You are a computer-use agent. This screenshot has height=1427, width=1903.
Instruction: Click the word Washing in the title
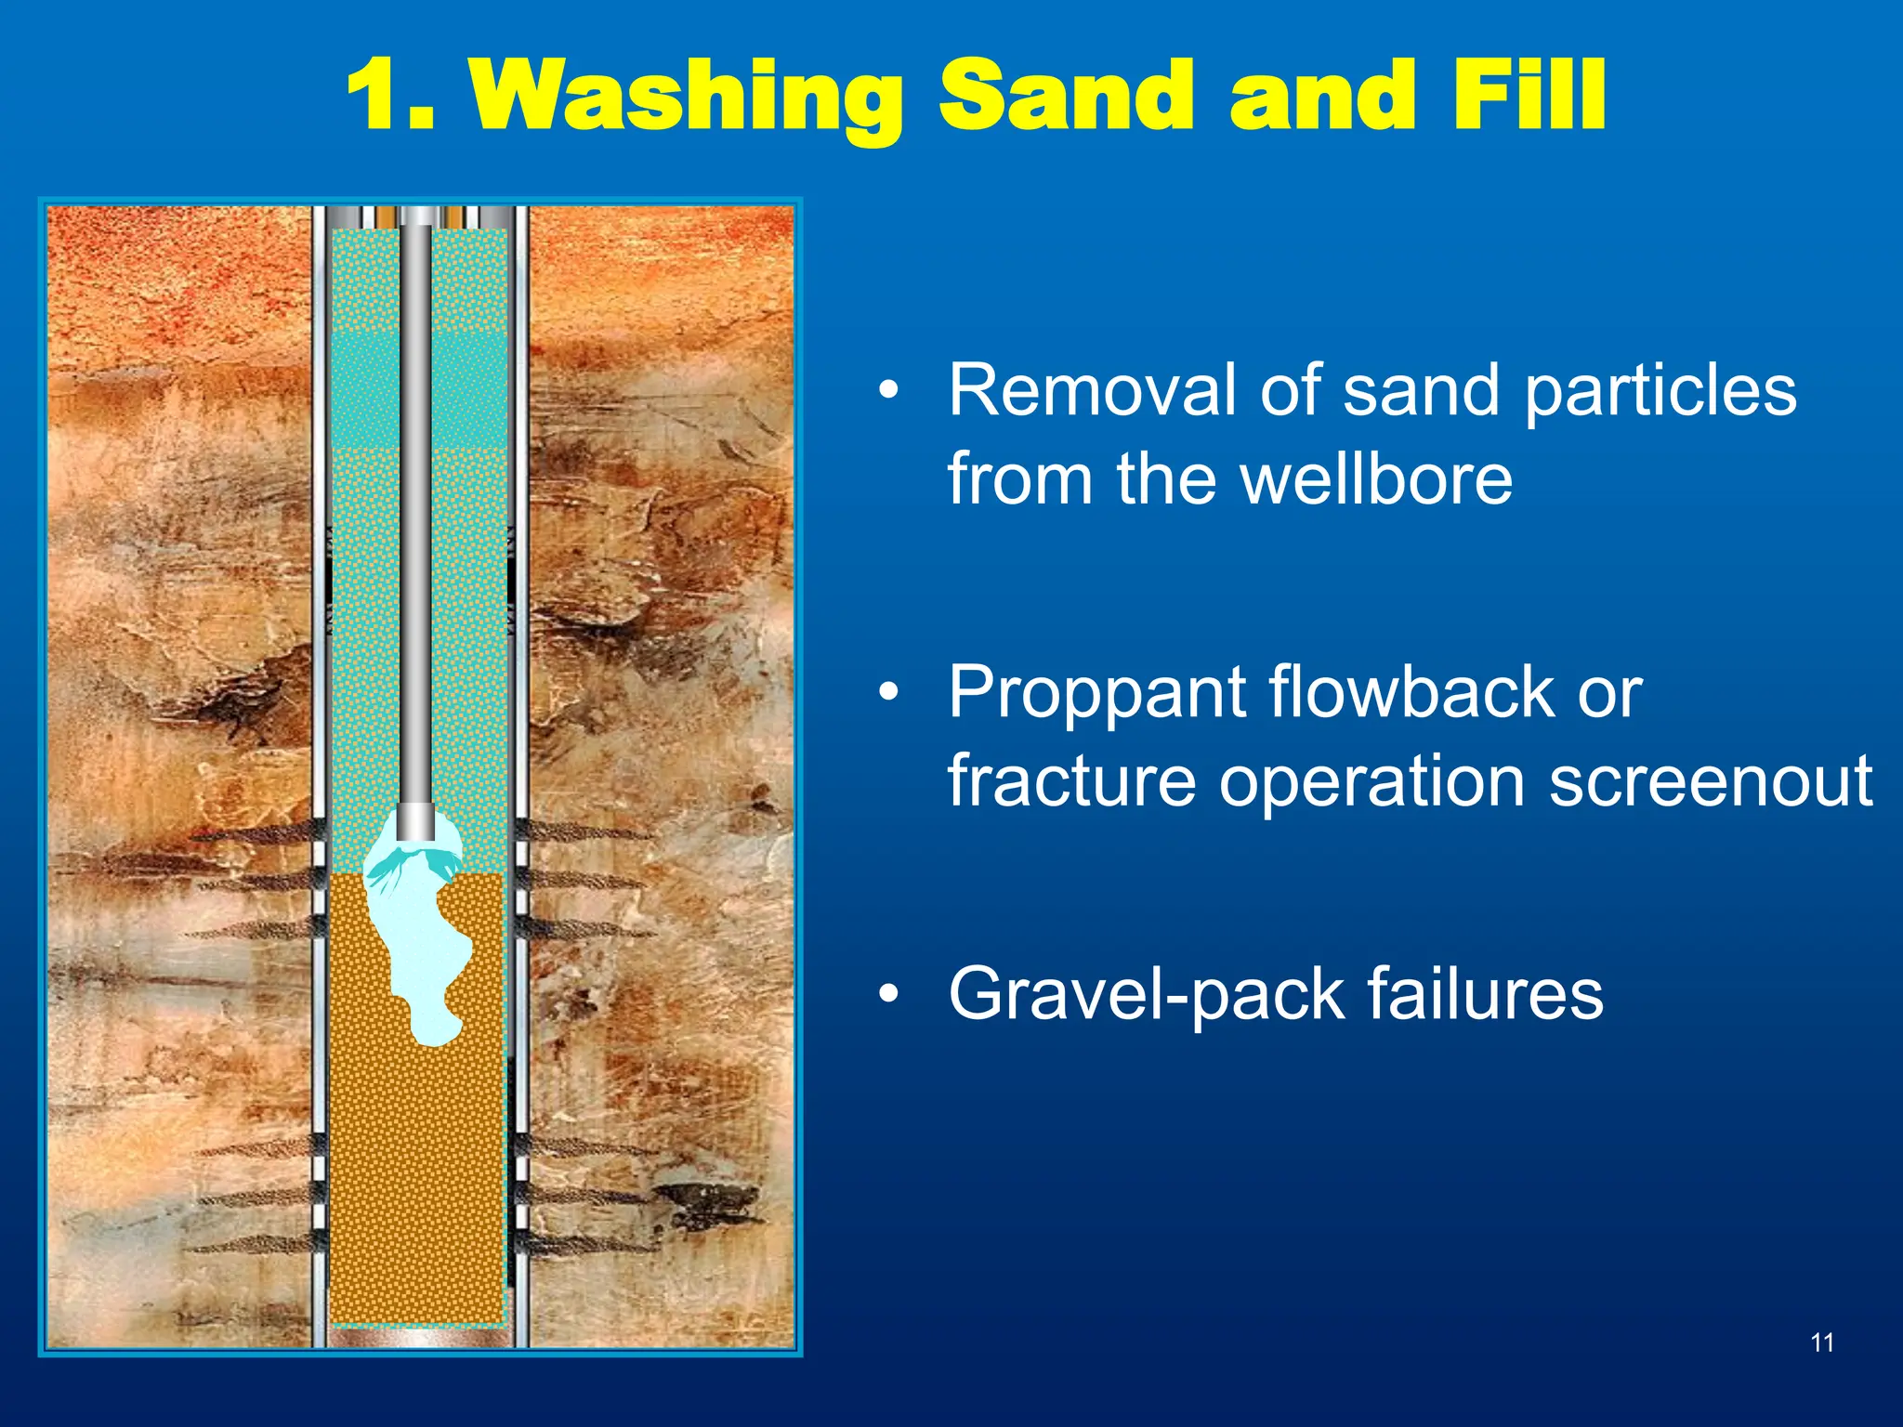coord(688,95)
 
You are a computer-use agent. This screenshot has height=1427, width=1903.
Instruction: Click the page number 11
coord(1822,1342)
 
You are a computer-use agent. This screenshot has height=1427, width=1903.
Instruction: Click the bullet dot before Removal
coord(889,391)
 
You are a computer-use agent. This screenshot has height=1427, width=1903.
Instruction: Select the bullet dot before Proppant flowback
coord(889,693)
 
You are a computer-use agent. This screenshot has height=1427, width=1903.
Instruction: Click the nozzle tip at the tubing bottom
coord(415,823)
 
